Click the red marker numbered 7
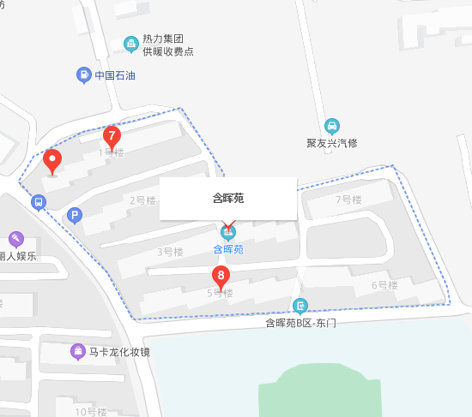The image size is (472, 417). tap(111, 136)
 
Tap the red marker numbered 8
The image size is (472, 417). tap(221, 277)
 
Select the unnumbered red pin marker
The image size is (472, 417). tap(53, 160)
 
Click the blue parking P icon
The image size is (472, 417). tap(76, 215)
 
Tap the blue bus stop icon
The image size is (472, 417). tap(37, 203)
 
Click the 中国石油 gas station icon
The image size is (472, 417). tap(84, 75)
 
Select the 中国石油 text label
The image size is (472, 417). tap(115, 75)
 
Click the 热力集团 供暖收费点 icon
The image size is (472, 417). tap(131, 44)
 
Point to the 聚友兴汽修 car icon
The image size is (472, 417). tap(332, 125)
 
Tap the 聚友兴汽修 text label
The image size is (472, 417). tap(332, 143)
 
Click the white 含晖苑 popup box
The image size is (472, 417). tap(228, 198)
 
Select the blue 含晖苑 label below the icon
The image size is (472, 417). tap(228, 249)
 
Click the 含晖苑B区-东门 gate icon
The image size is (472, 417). tap(300, 306)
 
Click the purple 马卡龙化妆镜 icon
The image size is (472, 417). tap(77, 351)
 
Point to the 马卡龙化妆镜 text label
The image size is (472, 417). tap(119, 352)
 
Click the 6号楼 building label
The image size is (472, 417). tap(384, 285)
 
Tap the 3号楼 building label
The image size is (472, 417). tap(170, 252)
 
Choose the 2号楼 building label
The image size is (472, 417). tap(142, 200)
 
